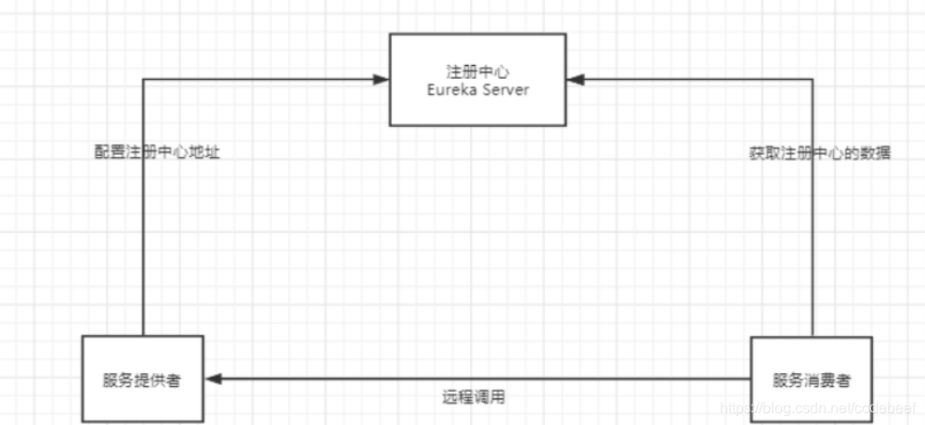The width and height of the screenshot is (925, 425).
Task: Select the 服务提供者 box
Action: (142, 379)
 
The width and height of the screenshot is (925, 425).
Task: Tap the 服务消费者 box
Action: (810, 379)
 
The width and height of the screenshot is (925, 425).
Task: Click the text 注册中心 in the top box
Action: (478, 71)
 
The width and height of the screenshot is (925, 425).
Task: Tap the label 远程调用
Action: (474, 397)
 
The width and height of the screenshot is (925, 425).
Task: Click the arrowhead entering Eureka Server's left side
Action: (380, 81)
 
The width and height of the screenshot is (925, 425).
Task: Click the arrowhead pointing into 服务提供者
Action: (215, 379)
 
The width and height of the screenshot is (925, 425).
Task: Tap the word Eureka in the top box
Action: (449, 90)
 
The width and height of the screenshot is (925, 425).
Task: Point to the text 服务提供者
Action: (142, 380)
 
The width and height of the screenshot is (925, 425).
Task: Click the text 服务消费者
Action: (810, 380)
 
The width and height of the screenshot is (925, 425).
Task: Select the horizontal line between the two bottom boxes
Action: (483, 379)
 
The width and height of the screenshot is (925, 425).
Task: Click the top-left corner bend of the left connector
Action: (142, 81)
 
